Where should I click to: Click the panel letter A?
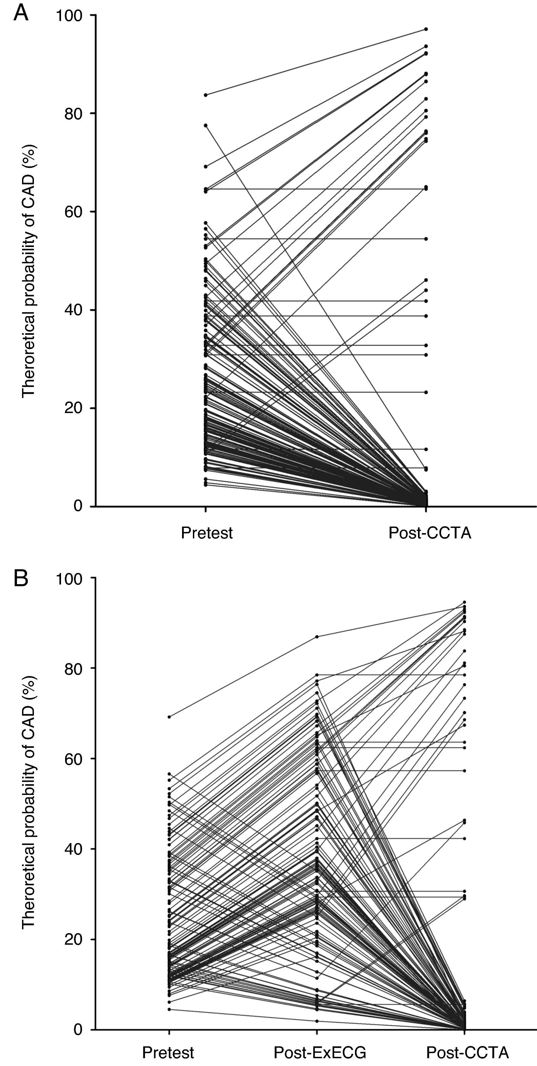point(21,13)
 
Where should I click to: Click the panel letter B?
point(21,578)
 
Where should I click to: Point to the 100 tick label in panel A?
point(69,16)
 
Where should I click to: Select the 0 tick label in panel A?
point(78,506)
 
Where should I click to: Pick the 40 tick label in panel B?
point(73,849)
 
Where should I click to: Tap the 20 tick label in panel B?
point(73,939)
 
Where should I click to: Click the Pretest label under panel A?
point(206,533)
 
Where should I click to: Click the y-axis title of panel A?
point(29,271)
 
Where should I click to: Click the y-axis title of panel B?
point(29,803)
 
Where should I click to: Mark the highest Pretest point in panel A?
point(206,95)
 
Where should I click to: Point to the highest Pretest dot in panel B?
point(169,717)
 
